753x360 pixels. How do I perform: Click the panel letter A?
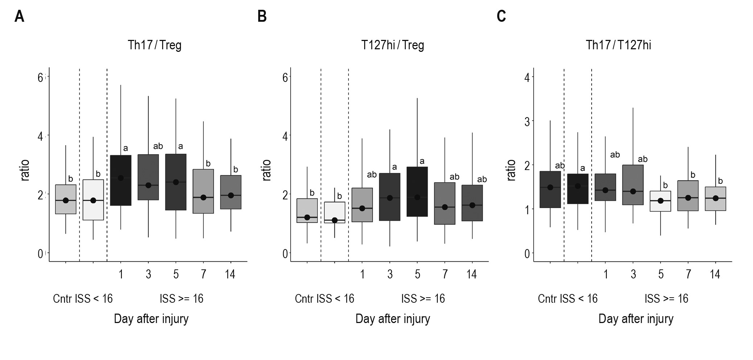click(x=19, y=17)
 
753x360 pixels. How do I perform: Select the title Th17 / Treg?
click(x=155, y=45)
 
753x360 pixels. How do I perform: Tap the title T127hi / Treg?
click(x=392, y=45)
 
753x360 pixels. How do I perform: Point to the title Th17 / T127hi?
click(x=618, y=45)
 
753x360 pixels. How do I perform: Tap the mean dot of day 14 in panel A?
click(x=231, y=195)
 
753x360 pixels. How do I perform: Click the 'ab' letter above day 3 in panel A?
click(x=158, y=146)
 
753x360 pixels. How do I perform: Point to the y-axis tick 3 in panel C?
click(x=527, y=122)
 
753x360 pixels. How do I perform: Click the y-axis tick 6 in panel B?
click(x=285, y=78)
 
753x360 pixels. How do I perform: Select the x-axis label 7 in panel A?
click(x=203, y=274)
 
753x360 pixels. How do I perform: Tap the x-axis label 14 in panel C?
click(x=715, y=274)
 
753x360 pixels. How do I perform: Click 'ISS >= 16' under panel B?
click(x=423, y=299)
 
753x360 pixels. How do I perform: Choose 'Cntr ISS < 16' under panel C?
click(x=567, y=299)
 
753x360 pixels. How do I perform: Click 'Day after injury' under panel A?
click(x=151, y=319)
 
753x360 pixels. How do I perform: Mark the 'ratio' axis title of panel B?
click(x=267, y=170)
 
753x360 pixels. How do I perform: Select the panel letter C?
click(x=501, y=17)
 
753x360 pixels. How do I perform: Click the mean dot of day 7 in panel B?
click(x=445, y=207)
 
